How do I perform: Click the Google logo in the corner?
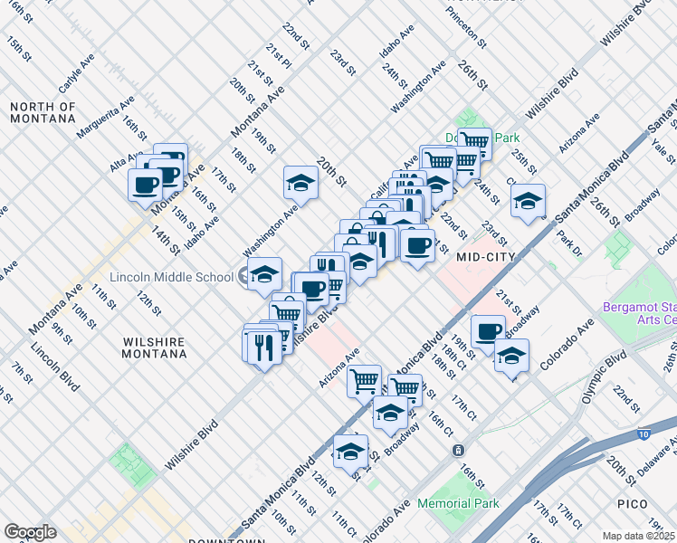pos(30,532)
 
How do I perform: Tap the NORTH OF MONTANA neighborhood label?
pos(43,112)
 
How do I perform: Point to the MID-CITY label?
pos(486,257)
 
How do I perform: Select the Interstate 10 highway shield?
pos(643,434)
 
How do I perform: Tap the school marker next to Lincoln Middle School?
pos(264,274)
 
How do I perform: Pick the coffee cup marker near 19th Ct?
pos(488,331)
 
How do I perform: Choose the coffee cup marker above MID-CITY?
pos(417,245)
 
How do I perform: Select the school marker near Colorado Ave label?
pos(511,356)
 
